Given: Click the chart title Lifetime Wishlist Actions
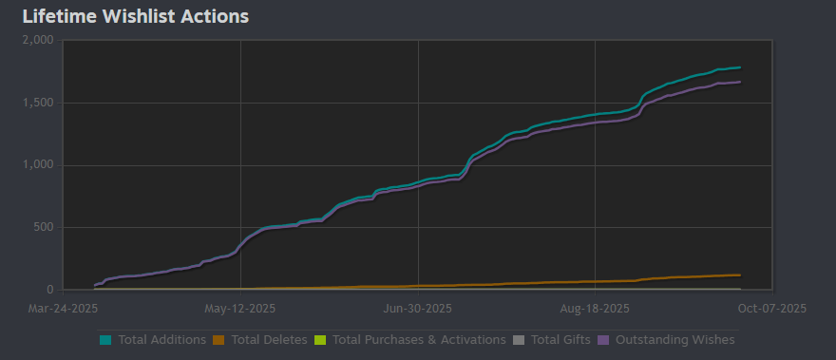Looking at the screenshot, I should pyautogui.click(x=135, y=16).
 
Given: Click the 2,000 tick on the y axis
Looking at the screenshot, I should pyautogui.click(x=41, y=40).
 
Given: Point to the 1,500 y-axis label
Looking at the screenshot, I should pyautogui.click(x=41, y=103).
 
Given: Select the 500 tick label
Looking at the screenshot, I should pyautogui.click(x=47, y=227).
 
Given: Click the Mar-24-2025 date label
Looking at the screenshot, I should pyautogui.click(x=63, y=309).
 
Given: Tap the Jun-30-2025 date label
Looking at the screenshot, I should pyautogui.click(x=417, y=309).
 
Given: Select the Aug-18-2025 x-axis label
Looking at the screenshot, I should pyautogui.click(x=594, y=309).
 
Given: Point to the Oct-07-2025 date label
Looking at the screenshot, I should pyautogui.click(x=771, y=309).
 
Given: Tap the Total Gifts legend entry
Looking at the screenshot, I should pyautogui.click(x=559, y=339).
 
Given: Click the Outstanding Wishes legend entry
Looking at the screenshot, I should pyautogui.click(x=674, y=339).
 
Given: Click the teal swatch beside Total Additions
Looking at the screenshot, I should pyautogui.click(x=104, y=339).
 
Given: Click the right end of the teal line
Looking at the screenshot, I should pyautogui.click(x=740, y=67).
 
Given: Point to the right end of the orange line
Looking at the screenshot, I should pyautogui.click(x=740, y=275).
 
